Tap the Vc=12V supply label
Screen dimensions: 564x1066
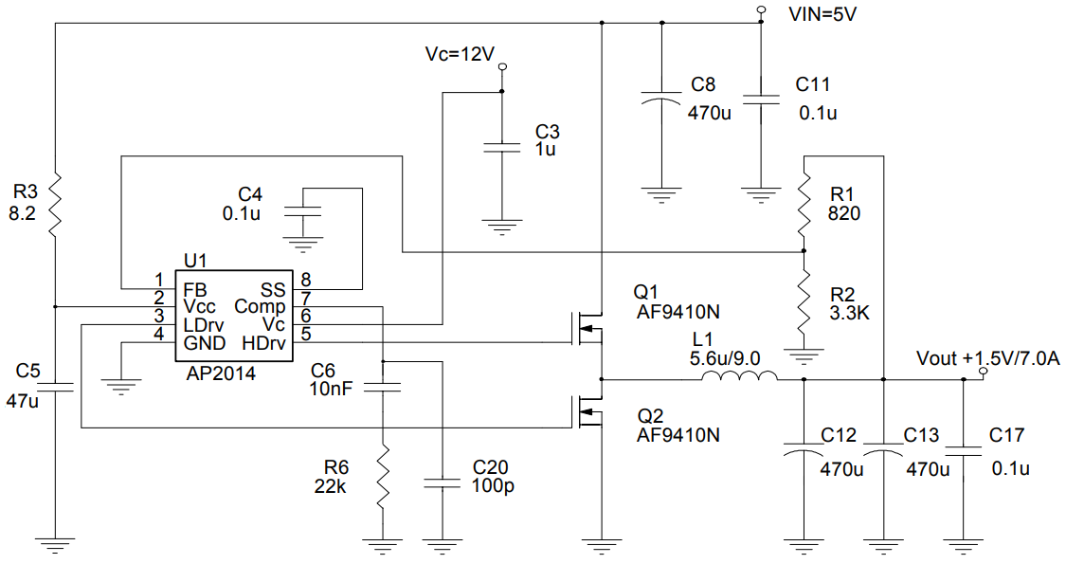click(x=460, y=54)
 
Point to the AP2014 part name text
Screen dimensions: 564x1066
click(x=221, y=373)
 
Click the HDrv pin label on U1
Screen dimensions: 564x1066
click(x=263, y=342)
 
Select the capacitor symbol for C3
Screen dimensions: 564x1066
click(x=502, y=147)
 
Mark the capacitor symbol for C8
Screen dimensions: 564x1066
click(x=661, y=100)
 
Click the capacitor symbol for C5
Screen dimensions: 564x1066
click(x=56, y=386)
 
